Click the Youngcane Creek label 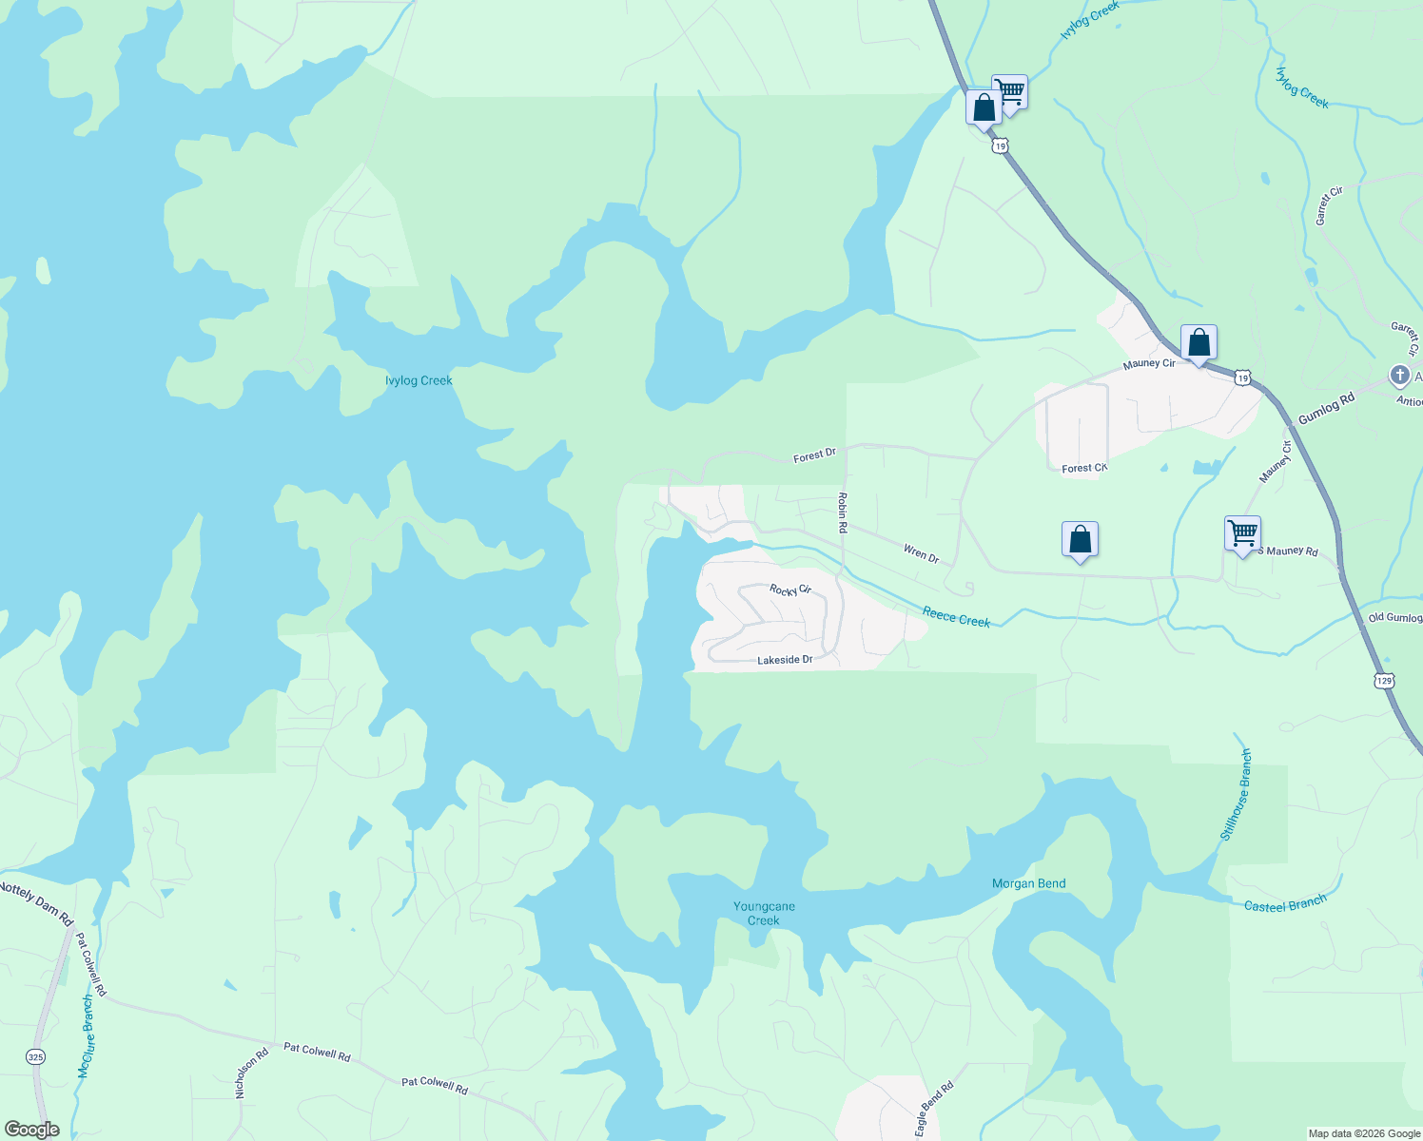(764, 913)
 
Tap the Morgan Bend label (1028, 883)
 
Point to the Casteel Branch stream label (1285, 904)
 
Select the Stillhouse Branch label (1237, 795)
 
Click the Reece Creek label (956, 618)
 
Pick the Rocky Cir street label (790, 590)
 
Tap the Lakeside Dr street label (785, 660)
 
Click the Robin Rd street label (843, 512)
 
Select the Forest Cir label (1084, 468)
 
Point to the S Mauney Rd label (1289, 551)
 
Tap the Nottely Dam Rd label (37, 903)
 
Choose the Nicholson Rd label (247, 1074)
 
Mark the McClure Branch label (87, 1035)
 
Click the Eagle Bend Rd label (933, 1109)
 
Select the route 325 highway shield (35, 1057)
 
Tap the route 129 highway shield (1384, 680)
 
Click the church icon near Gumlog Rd (1399, 376)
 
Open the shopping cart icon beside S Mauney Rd (1242, 533)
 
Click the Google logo (31, 1130)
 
